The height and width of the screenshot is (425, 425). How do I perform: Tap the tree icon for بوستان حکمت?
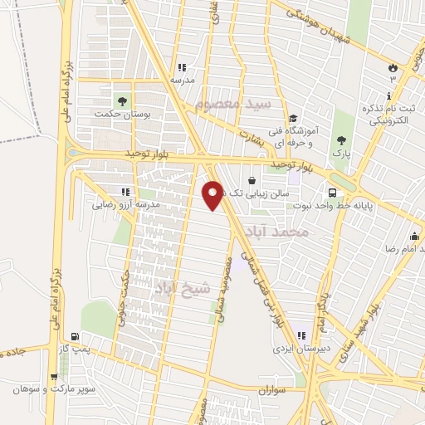[x=123, y=100]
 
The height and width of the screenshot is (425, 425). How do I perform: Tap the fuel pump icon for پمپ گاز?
[x=76, y=337]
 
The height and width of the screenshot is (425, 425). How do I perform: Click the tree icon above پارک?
[x=341, y=139]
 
